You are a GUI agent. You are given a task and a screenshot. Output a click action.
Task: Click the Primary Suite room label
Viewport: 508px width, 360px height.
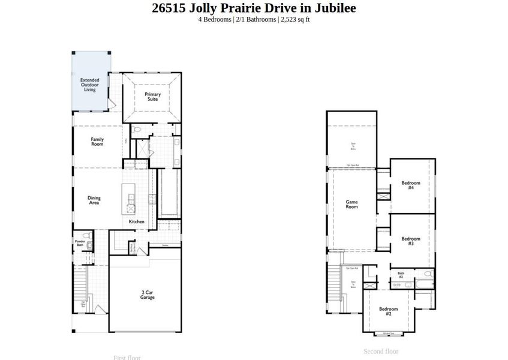152,97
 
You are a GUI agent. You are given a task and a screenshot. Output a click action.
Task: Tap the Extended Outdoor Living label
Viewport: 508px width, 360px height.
90,85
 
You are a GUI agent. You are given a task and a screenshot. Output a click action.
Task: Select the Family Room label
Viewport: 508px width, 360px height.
97,142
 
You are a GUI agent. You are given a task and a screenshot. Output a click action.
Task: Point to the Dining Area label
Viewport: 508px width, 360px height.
94,200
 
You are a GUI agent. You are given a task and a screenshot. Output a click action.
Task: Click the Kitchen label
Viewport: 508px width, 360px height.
136,222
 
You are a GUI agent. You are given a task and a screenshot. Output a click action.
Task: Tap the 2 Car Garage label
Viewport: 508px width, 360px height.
148,295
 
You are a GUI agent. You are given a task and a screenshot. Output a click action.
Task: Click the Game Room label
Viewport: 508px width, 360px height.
351,204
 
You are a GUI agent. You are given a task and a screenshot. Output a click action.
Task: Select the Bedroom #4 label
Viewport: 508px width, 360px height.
411,185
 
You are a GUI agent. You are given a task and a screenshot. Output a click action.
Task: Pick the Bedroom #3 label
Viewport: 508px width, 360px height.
411,241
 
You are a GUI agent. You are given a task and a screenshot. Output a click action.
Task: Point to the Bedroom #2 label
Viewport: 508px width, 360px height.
388,311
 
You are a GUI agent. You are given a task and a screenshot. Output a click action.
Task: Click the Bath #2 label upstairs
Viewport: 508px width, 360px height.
401,275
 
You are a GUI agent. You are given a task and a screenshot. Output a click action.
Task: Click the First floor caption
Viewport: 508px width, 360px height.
127,358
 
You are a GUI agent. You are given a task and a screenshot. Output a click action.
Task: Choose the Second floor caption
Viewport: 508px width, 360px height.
381,352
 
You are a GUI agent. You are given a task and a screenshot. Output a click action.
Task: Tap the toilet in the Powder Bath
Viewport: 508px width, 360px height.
86,235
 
